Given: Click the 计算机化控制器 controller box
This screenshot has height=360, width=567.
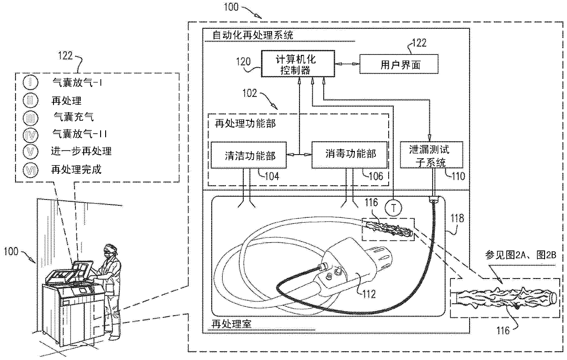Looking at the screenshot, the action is coord(298,64).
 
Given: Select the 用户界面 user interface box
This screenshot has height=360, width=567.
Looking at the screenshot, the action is coord(399,64).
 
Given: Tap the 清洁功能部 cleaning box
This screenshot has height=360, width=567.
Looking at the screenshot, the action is coord(249,155).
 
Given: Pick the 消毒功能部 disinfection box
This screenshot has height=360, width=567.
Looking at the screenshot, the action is coord(349,155).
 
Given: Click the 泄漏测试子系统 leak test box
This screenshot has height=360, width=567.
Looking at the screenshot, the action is coord(431,155).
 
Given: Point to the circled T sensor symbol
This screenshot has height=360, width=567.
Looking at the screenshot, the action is coord(393,208).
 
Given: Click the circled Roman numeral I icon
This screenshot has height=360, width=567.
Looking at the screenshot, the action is coord(30,82).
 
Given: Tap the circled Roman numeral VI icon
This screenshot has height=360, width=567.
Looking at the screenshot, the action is coord(30,170).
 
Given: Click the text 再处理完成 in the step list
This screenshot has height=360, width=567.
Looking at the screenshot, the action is coord(76,169).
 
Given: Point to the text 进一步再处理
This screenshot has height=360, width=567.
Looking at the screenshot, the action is coord(81,151).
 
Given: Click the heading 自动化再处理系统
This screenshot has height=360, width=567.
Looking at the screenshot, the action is coord(252,35).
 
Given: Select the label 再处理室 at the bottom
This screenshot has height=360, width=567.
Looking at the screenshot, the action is coord(231,324).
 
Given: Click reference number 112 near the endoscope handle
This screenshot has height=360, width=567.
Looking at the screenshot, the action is coord(369,294).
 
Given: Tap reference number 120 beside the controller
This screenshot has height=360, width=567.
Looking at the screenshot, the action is coord(243,61).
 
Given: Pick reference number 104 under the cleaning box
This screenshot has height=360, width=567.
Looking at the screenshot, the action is coord(272,176).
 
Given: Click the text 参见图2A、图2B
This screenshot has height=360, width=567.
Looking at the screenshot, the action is coord(521,255).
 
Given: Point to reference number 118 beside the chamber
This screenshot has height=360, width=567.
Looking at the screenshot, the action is coord(457,218).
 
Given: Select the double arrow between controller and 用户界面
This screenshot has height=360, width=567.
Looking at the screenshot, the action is coord(348,64).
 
